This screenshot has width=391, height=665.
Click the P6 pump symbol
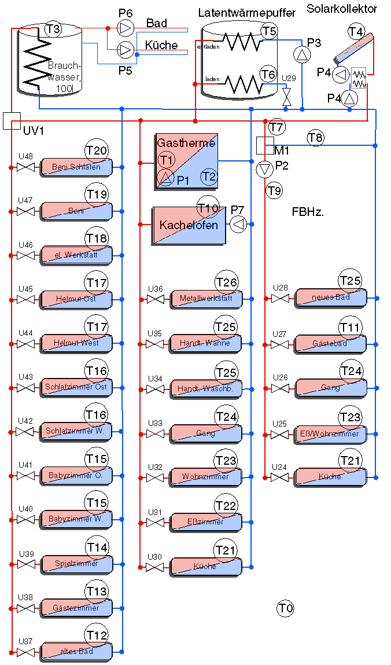click(x=126, y=28)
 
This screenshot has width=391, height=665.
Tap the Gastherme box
click(x=186, y=161)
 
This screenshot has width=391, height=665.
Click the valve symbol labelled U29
click(x=286, y=96)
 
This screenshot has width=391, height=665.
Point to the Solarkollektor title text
click(x=342, y=9)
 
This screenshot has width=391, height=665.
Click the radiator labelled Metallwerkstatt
click(x=206, y=299)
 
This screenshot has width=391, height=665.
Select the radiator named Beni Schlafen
click(x=76, y=167)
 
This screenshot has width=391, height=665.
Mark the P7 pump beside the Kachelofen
click(x=238, y=224)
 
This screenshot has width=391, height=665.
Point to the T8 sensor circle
click(x=316, y=138)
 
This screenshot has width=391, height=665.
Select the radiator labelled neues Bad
click(x=331, y=297)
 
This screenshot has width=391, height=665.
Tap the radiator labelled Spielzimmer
click(x=76, y=564)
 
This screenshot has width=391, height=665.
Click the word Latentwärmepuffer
click(x=247, y=12)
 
